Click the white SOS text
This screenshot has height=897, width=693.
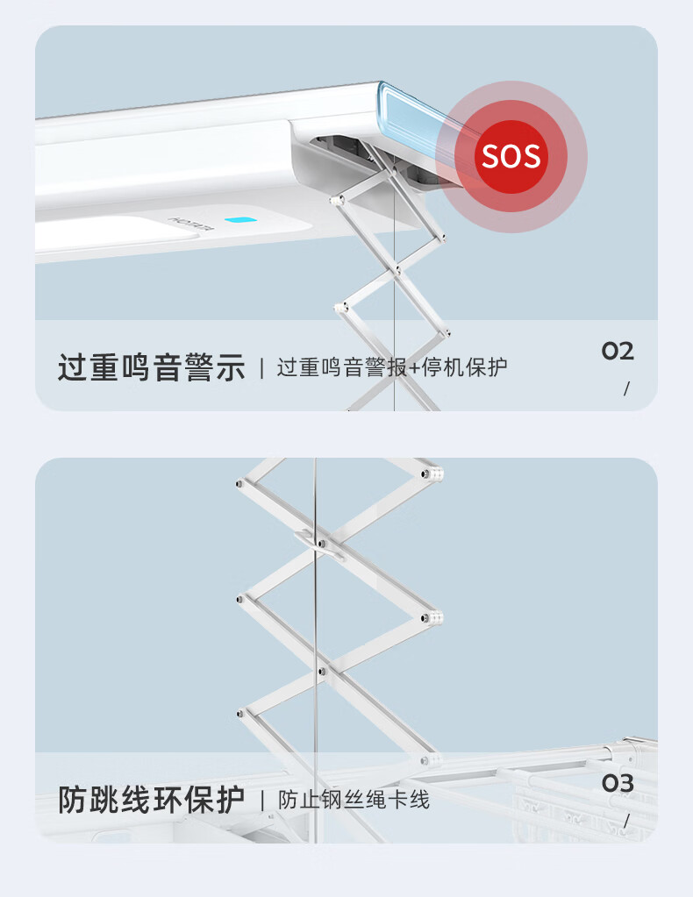511,156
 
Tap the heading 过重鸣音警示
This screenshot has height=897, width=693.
151,367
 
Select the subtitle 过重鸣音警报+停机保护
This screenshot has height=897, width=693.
392,367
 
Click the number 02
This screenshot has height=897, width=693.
618,352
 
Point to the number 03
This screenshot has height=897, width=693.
618,783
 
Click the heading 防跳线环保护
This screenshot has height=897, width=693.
151,799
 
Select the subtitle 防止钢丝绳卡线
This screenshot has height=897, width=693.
354,799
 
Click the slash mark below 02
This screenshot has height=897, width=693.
626,388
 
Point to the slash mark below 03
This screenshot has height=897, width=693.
626,821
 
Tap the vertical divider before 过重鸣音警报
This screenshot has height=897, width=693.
261,367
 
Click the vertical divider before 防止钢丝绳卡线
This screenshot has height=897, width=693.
261,799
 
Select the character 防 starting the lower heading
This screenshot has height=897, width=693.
74,799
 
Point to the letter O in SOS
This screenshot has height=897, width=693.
511,156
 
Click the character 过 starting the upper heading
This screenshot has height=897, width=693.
74,367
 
